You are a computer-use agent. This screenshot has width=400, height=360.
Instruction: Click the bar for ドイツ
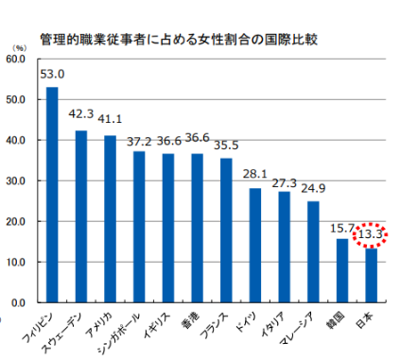(x=255, y=245)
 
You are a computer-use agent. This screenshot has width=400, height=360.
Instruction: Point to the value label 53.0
(x=53, y=74)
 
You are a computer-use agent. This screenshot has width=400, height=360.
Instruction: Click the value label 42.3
(x=82, y=114)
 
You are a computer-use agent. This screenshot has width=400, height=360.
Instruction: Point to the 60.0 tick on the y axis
(x=14, y=59)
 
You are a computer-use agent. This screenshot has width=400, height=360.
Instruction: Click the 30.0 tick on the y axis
(x=14, y=180)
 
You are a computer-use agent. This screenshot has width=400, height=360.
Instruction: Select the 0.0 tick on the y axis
(x=17, y=302)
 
